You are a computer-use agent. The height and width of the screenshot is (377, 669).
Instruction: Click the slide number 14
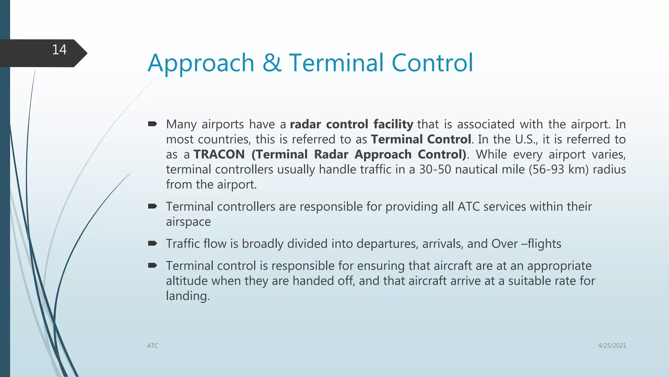[x=59, y=50]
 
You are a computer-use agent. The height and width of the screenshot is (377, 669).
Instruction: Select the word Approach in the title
[x=201, y=63]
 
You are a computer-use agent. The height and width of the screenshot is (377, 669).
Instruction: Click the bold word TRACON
[x=219, y=154]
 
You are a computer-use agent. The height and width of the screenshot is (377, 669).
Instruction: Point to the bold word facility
[x=393, y=124]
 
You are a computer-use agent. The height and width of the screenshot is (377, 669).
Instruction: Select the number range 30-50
[x=435, y=170]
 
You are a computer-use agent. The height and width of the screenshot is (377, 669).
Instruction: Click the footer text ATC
[x=153, y=346]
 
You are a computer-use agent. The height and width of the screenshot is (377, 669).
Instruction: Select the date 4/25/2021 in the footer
[x=612, y=346]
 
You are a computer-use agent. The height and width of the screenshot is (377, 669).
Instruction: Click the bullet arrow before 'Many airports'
[x=153, y=124]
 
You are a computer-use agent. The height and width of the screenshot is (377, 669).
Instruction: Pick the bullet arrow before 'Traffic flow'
[x=153, y=243]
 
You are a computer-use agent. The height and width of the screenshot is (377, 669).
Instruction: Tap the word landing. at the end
[x=188, y=296]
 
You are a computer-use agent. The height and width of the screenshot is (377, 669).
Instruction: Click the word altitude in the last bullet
[x=187, y=281]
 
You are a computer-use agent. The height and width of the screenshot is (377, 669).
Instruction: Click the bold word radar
[x=305, y=124]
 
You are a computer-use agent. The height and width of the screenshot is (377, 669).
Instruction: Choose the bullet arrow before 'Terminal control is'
[x=153, y=265]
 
